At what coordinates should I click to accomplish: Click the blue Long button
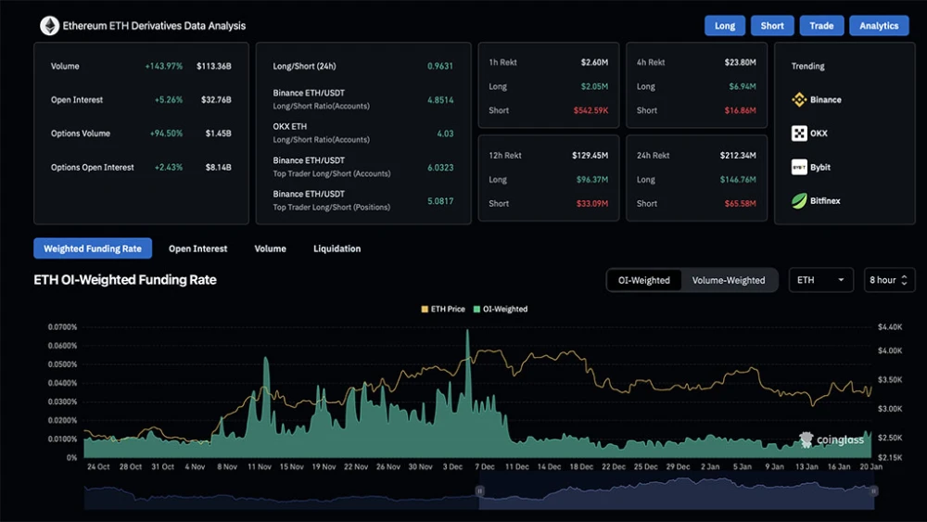coord(724,25)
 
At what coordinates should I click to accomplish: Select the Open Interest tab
coord(197,248)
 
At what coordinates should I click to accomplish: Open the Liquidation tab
coord(337,248)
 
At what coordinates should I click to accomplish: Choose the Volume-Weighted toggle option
coord(729,280)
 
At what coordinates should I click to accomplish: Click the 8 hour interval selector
coord(889,280)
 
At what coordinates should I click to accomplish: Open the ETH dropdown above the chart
coord(820,280)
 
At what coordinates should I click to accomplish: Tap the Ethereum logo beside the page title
coord(50,25)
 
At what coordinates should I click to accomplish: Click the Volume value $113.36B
coord(214,66)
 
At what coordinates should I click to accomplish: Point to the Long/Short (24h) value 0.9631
coord(440,66)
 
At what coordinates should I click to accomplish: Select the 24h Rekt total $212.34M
coord(738,156)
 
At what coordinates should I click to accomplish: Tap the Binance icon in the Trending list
coord(799,99)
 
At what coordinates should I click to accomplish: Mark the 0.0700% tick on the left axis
coord(63,327)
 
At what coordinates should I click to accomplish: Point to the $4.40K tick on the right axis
coord(890,327)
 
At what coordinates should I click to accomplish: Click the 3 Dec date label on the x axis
coord(453,467)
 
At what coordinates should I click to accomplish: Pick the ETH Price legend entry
coord(443,309)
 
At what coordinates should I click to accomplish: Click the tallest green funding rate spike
coord(467,331)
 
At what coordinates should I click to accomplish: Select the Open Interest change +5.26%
coord(169,100)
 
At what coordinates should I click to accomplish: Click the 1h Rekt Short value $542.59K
coord(590,110)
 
